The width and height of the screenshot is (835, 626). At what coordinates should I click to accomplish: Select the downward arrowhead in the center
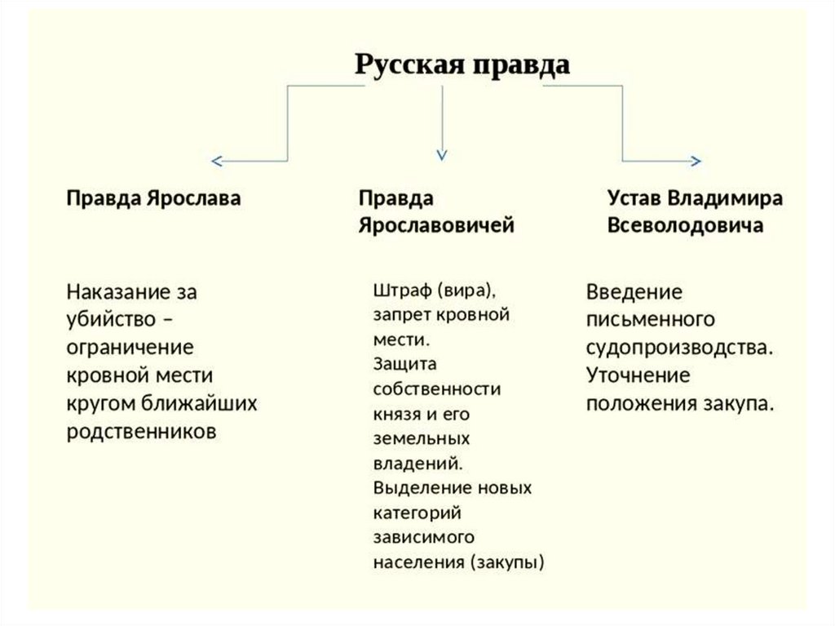pos(441,153)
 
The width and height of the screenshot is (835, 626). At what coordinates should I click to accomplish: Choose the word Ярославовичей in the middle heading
pos(436,225)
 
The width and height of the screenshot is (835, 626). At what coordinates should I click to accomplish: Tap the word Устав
pos(634,199)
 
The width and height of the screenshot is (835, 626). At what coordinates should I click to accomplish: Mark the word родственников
pos(142,430)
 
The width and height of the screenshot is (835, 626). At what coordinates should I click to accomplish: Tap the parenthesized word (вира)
pos(464,291)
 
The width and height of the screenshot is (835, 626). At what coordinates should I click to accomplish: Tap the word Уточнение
pos(638,375)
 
